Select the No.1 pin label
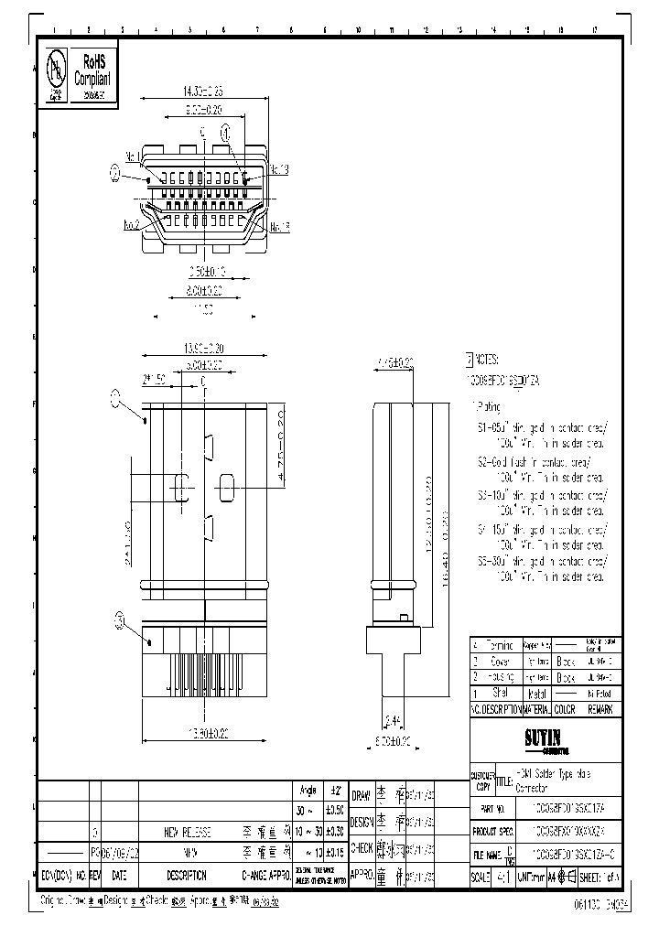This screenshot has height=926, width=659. click(132, 156)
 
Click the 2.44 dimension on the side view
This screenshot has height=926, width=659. click(392, 719)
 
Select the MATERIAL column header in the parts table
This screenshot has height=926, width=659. click(535, 708)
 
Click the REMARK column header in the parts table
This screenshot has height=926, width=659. click(600, 708)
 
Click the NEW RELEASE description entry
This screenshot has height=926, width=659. click(188, 832)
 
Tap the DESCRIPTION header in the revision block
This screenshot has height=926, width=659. click(188, 875)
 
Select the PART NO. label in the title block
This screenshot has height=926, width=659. click(494, 810)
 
